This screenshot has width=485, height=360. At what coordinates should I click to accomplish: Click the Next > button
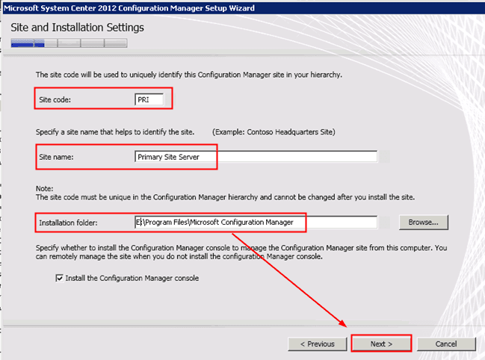click(381, 344)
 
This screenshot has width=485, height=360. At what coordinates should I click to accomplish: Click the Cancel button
click(446, 344)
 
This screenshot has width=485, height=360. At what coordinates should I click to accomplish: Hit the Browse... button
click(423, 222)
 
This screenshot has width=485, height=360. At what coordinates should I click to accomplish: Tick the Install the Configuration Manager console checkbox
click(60, 278)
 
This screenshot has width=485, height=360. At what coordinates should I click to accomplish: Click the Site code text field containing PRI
click(149, 99)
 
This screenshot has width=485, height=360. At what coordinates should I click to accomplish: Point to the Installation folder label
click(67, 222)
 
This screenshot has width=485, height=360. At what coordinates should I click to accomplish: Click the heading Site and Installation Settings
click(78, 28)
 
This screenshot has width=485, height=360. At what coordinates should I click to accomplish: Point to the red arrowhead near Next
click(345, 326)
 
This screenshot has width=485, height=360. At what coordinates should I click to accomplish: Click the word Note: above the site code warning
click(45, 188)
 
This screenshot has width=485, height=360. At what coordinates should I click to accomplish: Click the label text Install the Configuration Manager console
click(132, 278)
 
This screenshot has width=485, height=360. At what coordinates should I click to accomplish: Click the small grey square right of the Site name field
click(384, 157)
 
